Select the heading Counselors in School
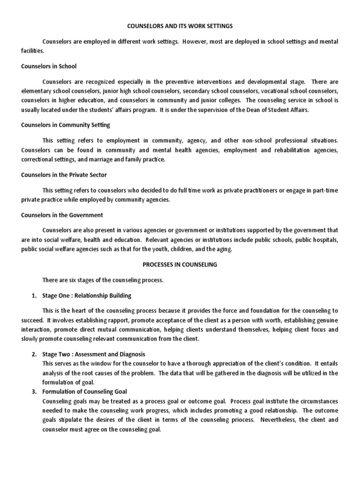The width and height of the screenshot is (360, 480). [x=48, y=66]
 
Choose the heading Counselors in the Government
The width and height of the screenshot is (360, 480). [x=62, y=215]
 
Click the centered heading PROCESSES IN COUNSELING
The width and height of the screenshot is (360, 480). [x=180, y=264]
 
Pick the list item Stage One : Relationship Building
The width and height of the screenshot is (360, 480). [x=87, y=296]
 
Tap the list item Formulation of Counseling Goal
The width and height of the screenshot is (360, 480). [x=84, y=391]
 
